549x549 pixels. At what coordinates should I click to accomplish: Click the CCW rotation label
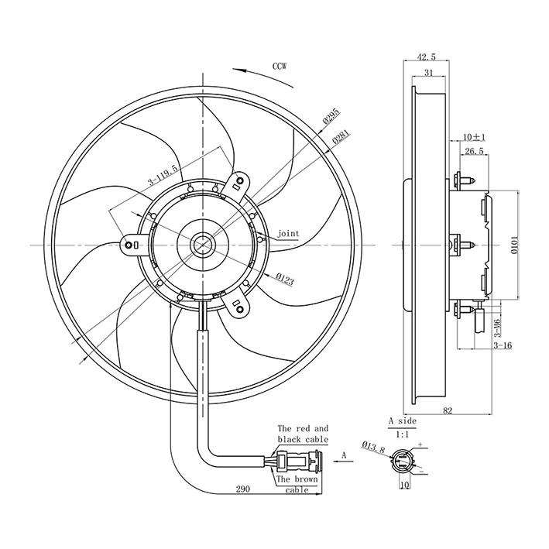tap(280, 66)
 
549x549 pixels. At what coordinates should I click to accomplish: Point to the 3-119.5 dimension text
tap(163, 176)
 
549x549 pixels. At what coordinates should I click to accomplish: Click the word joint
tap(288, 233)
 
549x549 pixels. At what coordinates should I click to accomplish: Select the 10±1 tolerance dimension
tap(475, 137)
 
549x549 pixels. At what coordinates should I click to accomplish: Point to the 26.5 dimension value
tap(475, 152)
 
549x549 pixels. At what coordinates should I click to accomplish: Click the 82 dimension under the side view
tap(448, 412)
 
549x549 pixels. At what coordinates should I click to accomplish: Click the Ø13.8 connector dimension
tap(373, 447)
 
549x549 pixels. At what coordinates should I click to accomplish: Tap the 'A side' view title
tap(402, 420)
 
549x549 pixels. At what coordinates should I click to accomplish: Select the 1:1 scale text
tap(403, 435)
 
